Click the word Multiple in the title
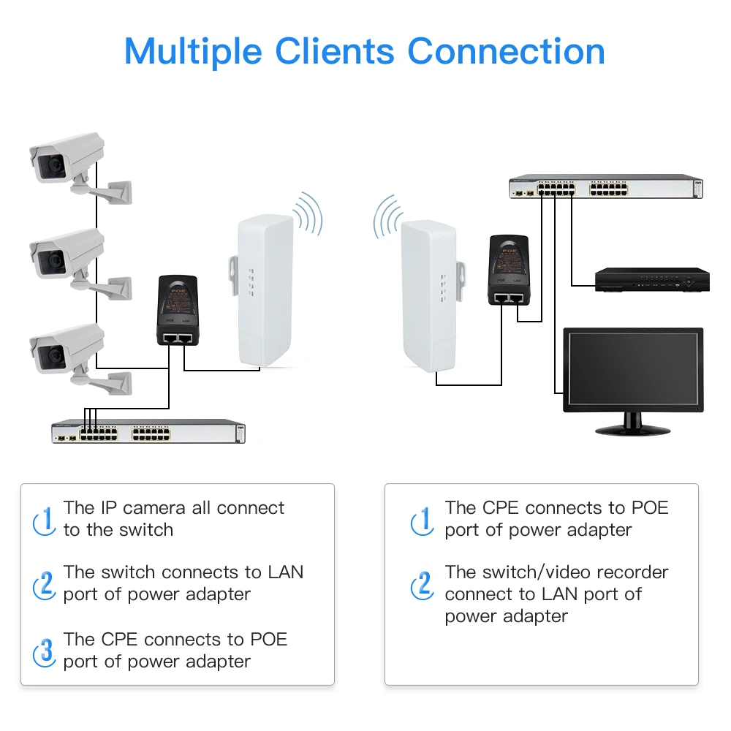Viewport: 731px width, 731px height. click(194, 51)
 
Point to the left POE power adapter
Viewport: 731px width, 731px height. click(178, 310)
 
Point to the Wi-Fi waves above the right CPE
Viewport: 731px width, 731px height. click(387, 216)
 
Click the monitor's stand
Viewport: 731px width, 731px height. click(632, 425)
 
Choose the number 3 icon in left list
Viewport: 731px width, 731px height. click(45, 650)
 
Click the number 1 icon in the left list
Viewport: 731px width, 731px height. click(45, 519)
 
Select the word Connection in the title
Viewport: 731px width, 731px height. click(506, 51)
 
